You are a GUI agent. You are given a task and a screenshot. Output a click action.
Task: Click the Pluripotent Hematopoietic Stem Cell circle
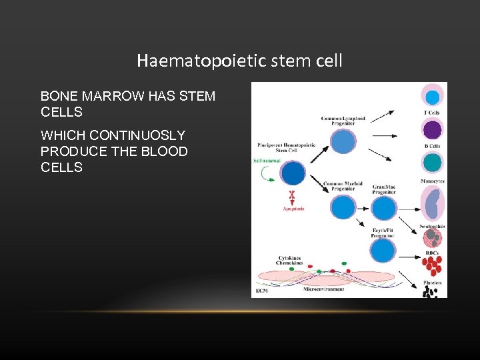click(293, 173)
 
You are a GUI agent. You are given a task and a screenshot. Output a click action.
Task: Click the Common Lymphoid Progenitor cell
click(343, 141)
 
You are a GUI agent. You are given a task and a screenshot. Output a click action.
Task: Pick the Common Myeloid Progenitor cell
click(343, 207)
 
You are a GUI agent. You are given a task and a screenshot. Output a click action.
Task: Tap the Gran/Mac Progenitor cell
click(383, 209)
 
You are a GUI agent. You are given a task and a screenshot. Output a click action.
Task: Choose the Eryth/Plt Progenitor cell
click(383, 251)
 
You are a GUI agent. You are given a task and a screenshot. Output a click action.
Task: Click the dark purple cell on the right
click(433, 129)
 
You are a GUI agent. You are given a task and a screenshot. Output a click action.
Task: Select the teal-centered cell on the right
click(433, 162)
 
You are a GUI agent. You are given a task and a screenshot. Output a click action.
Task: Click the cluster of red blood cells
click(433, 265)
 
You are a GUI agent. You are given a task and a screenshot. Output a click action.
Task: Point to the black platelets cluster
click(433, 291)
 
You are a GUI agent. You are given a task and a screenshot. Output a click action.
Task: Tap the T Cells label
click(433, 113)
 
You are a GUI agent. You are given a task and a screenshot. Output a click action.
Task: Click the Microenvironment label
click(324, 289)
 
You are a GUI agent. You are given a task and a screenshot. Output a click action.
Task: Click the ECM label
click(262, 291)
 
